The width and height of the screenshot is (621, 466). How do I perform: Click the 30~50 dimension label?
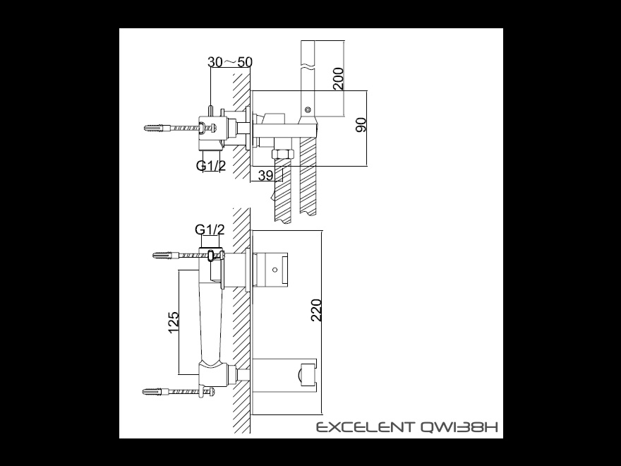pyautogui.click(x=230, y=62)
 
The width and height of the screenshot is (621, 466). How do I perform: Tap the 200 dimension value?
pyautogui.click(x=339, y=78)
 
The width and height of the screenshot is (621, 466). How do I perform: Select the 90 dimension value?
pyautogui.click(x=361, y=125)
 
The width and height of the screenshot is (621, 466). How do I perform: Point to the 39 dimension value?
pyautogui.click(x=265, y=175)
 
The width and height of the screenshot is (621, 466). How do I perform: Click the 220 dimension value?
pyautogui.click(x=316, y=310)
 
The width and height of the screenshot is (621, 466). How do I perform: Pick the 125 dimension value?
pyautogui.click(x=174, y=323)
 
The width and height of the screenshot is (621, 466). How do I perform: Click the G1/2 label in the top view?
pyautogui.click(x=211, y=165)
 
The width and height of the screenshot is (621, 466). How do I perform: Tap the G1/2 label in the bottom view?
pyautogui.click(x=210, y=229)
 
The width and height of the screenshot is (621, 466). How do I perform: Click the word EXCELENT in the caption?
pyautogui.click(x=364, y=427)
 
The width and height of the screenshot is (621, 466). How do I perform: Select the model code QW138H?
pyautogui.click(x=457, y=427)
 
